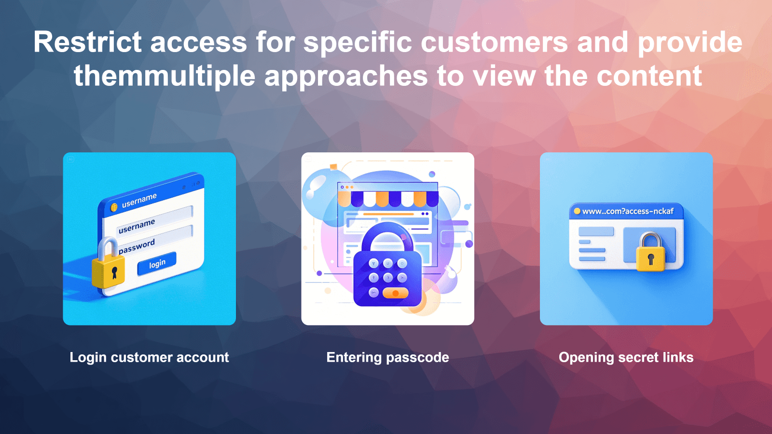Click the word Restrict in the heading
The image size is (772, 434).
click(x=87, y=42)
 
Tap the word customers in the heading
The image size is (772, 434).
click(x=495, y=42)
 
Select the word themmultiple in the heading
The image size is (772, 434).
click(x=164, y=76)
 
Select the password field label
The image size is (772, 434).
click(x=137, y=246)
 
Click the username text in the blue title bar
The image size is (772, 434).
click(x=139, y=200)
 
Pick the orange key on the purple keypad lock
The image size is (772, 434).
click(x=395, y=293)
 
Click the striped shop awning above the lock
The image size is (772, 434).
click(x=388, y=198)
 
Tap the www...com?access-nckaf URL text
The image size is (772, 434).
click(x=628, y=211)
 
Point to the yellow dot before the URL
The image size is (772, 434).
click(x=577, y=211)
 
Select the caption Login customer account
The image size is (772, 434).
click(x=149, y=357)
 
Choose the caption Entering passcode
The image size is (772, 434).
click(x=387, y=357)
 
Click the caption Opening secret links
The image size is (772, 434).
click(x=626, y=357)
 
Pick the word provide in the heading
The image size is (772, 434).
click(x=690, y=42)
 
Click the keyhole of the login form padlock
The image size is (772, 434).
click(x=114, y=273)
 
